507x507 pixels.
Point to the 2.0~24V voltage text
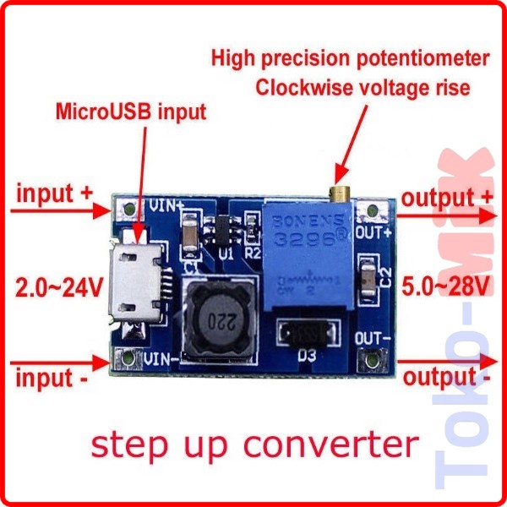point(59,287)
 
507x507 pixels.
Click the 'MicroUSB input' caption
point(130,111)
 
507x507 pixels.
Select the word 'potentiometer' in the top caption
point(423,58)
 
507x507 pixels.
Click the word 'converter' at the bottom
point(341,443)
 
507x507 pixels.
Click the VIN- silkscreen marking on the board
point(160,359)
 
